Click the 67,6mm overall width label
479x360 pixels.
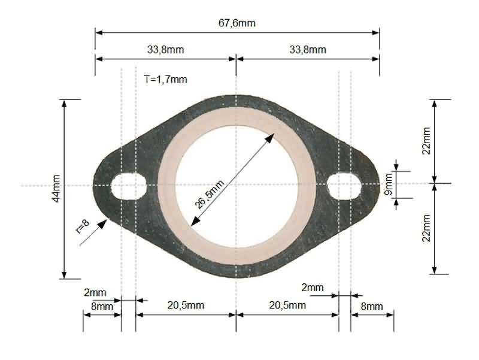[237, 23]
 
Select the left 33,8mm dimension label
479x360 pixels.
[165, 49]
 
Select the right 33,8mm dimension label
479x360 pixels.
[308, 49]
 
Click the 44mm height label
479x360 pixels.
[56, 188]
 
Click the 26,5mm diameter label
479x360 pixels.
[210, 193]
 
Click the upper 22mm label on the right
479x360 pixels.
[426, 140]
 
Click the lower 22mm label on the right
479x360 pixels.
[426, 228]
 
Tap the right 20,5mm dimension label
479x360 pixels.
[287, 305]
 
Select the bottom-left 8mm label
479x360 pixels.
[102, 306]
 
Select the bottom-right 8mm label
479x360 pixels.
[371, 306]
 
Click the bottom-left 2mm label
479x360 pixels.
[95, 293]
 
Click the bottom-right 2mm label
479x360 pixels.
[312, 288]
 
